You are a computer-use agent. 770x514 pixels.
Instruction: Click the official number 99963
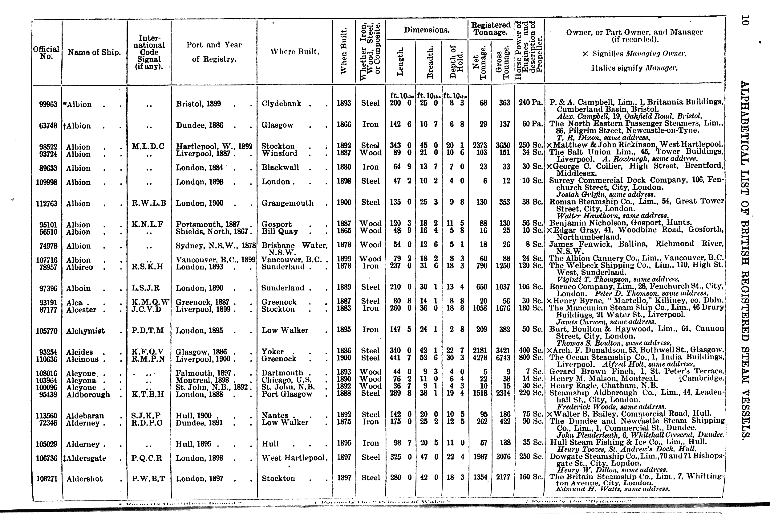[x=48, y=104]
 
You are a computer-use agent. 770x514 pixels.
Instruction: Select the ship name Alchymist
[x=85, y=331]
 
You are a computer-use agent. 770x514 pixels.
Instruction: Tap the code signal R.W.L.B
[x=149, y=203]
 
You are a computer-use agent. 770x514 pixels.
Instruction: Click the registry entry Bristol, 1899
[x=198, y=104]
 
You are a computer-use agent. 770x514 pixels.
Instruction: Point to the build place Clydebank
[x=282, y=104]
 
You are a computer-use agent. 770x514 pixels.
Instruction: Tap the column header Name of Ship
[x=94, y=52]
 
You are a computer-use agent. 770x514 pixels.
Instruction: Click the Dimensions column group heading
[x=426, y=30]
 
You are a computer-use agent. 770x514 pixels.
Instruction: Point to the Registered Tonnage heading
[x=490, y=28]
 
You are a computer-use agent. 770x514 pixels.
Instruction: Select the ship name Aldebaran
[x=85, y=416]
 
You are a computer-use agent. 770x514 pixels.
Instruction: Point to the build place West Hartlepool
[x=294, y=458]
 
